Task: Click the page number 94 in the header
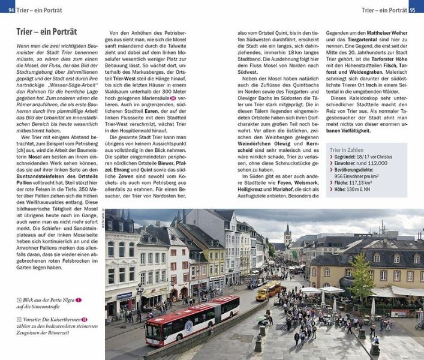pyautogui.click(x=5, y=10)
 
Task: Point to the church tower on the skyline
pyautogui.click(x=288, y=234)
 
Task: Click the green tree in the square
pyautogui.click(x=361, y=276)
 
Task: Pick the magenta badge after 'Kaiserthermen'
pyautogui.click(x=85, y=320)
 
